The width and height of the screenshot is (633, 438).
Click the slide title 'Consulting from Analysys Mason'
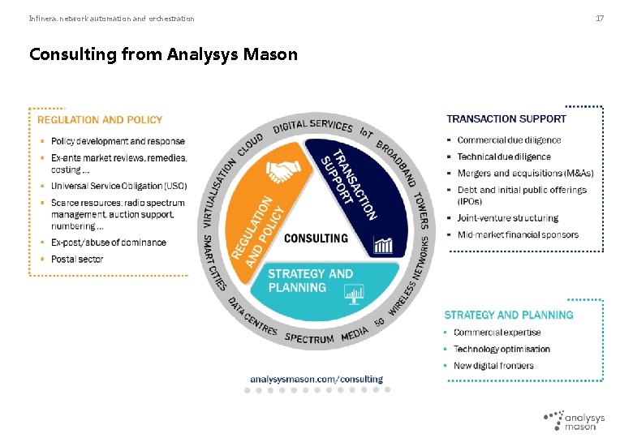pos(163,54)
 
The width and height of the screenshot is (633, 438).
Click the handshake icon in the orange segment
pos(283,171)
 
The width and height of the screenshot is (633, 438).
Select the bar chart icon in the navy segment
pos(382,244)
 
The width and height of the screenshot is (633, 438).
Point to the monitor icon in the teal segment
pos(354,294)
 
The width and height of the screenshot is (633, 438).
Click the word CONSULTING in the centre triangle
pos(316,238)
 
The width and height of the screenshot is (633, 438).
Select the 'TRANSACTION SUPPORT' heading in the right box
pos(506,119)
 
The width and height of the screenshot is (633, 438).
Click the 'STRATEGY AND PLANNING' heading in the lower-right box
pos(508,315)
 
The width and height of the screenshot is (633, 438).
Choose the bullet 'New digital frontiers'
pos(493,365)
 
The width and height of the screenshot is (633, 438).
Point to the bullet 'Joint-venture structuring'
pos(507,218)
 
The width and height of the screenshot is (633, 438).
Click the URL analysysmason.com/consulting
pos(316,379)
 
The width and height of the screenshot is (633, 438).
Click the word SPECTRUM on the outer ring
pos(309,337)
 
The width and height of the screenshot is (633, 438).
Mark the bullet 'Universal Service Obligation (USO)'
pos(118,186)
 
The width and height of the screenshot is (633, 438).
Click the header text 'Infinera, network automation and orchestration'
pos(111,18)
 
